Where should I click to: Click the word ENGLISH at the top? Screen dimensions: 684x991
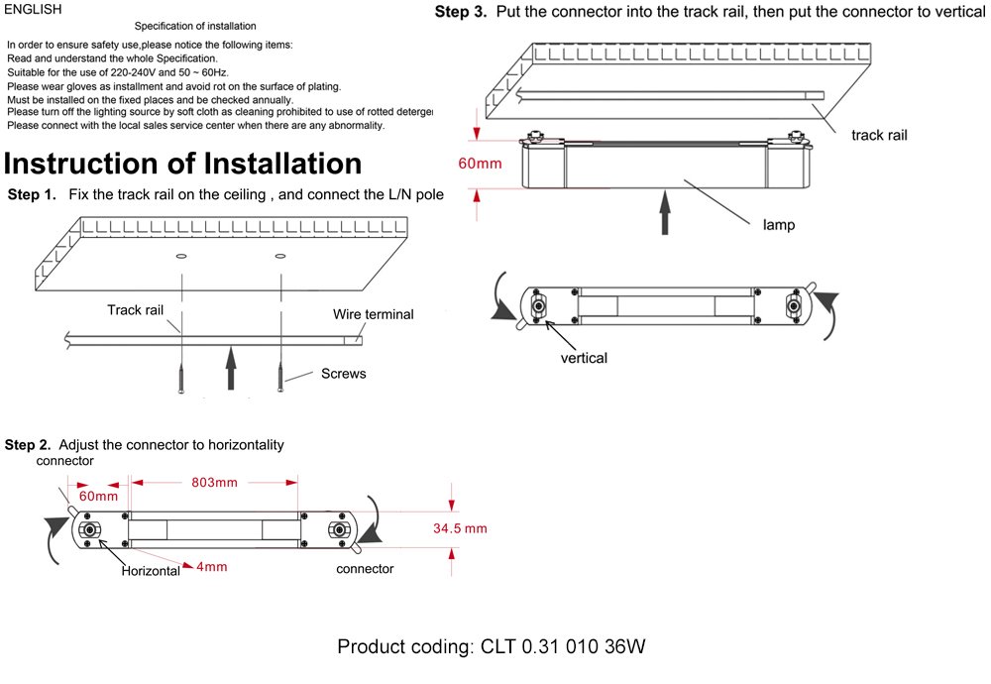[x=34, y=9]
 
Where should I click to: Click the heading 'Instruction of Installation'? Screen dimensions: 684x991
[x=183, y=163]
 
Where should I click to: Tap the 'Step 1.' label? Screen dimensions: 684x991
[x=32, y=194]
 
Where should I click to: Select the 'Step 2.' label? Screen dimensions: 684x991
[x=28, y=445]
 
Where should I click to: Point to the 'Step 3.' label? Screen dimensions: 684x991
[x=461, y=13]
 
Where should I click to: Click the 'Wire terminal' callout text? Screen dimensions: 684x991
[x=374, y=314]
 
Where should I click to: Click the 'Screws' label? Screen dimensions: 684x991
[x=343, y=374]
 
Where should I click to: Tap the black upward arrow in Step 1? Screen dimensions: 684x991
[x=231, y=369]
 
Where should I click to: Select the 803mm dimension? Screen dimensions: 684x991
[x=213, y=483]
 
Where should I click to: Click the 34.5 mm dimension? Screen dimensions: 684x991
[x=460, y=528]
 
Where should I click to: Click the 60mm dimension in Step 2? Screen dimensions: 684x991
[x=98, y=496]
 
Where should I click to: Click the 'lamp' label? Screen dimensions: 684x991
[x=779, y=225]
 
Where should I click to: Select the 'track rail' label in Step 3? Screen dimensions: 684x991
[x=879, y=135]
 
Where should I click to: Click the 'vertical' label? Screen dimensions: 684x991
[x=584, y=358]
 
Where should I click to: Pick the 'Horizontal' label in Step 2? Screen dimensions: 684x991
[x=151, y=571]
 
